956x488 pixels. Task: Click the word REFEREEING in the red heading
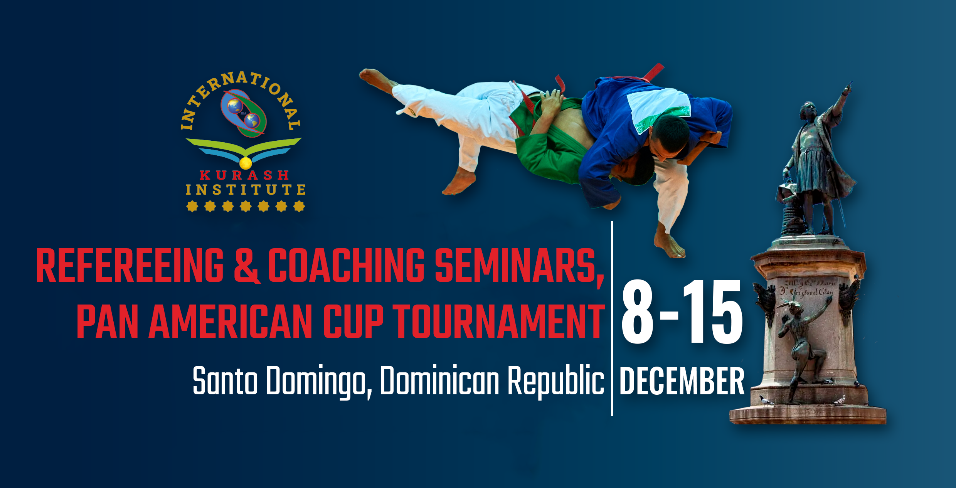[x=130, y=266]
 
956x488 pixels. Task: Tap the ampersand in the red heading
[x=247, y=266]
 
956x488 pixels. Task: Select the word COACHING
[x=346, y=266]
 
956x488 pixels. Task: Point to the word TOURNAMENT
[x=499, y=321]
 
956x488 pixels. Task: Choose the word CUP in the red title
[x=353, y=321]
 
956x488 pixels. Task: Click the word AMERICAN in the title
[x=230, y=321]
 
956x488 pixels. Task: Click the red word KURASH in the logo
[x=244, y=175]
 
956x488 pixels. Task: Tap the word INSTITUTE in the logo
[x=246, y=190]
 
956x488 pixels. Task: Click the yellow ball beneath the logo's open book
[x=246, y=163]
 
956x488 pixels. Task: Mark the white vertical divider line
[x=612, y=319]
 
